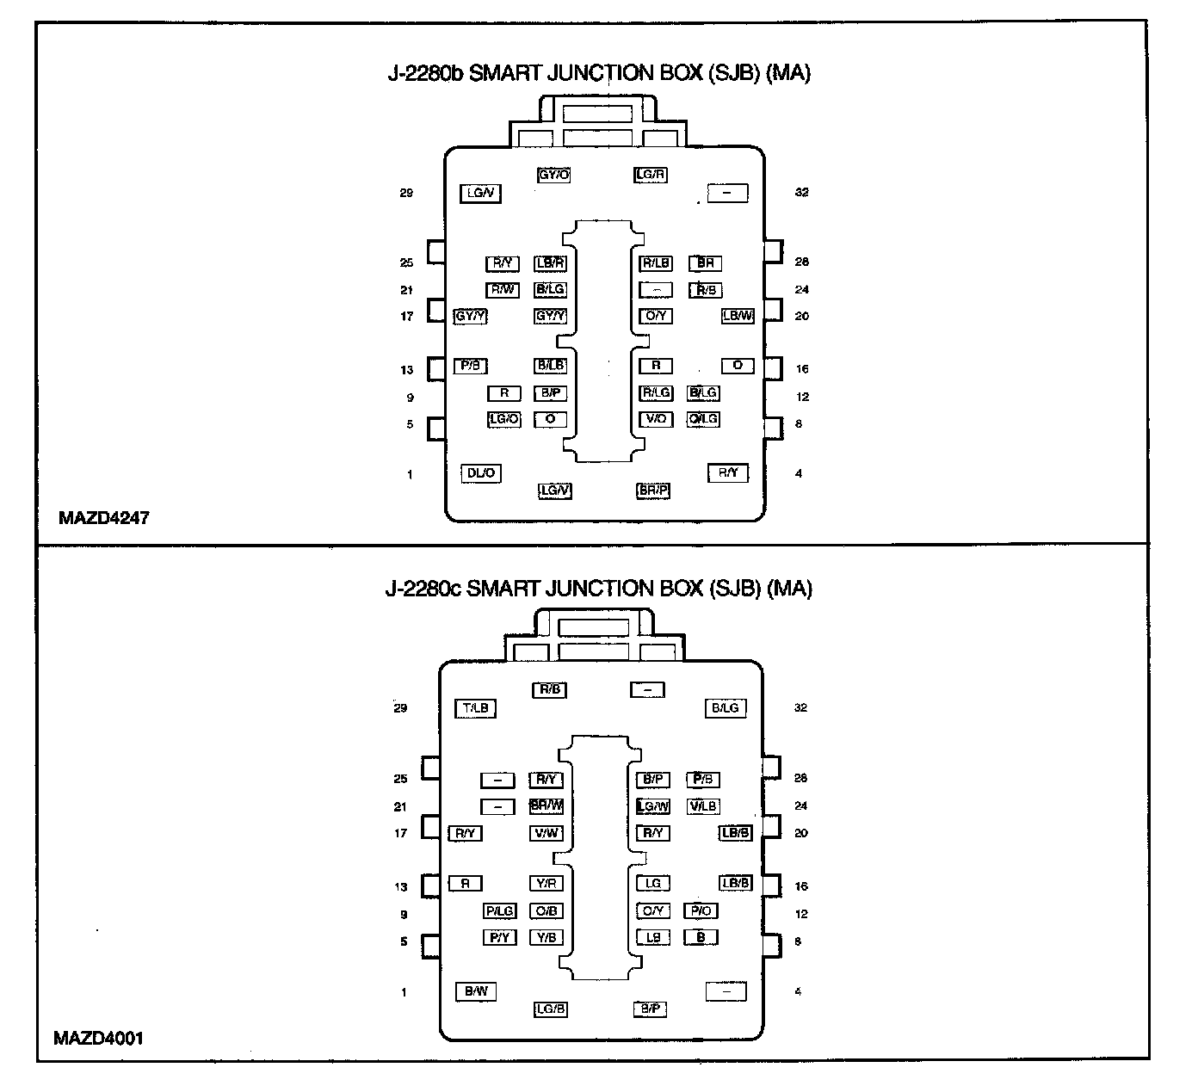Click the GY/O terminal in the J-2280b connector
(553, 175)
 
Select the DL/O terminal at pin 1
(481, 473)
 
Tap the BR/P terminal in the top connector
(653, 491)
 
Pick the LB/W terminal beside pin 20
(738, 316)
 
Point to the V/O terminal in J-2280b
(656, 419)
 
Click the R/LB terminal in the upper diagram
(656, 263)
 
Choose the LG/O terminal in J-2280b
(504, 419)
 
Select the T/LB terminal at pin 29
(475, 708)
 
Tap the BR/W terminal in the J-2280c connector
(547, 806)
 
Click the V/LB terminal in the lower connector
(702, 806)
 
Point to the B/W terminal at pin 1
(476, 991)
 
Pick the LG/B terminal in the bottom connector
(550, 1009)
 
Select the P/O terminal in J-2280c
(701, 910)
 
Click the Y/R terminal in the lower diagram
(547, 883)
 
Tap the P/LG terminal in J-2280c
(499, 910)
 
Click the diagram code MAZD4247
(103, 518)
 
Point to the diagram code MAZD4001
(98, 1038)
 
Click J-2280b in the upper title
(425, 73)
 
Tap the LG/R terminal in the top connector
(651, 175)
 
